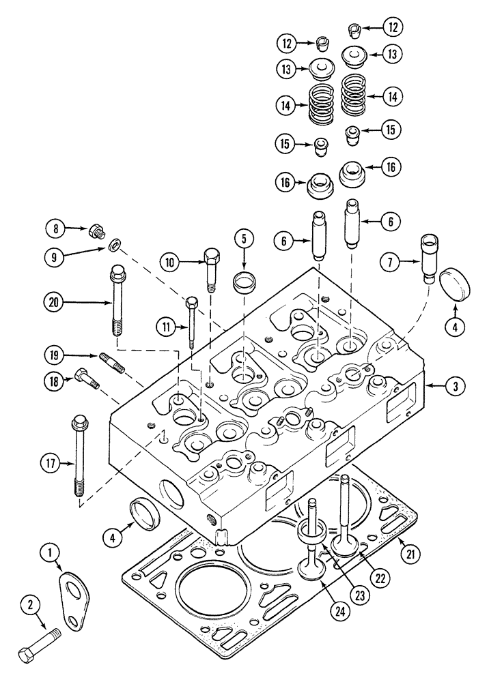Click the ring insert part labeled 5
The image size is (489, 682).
243,281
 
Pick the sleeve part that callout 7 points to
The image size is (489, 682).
432,257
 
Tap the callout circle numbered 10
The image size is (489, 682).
171,261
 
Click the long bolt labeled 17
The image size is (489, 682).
76,457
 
